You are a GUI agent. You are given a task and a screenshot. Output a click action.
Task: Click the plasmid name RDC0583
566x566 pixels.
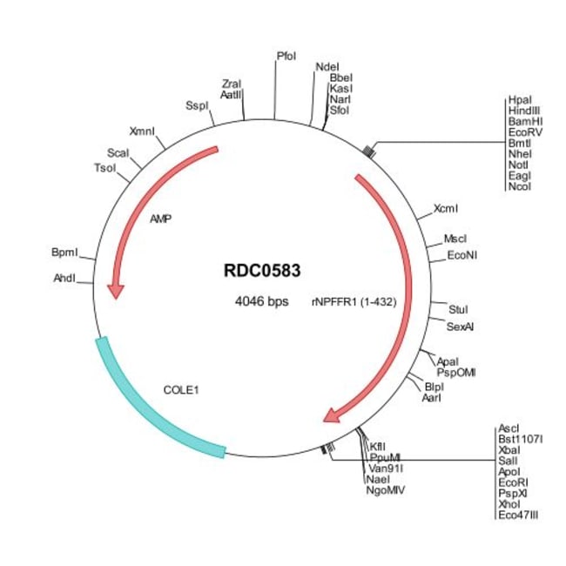pos(262,270)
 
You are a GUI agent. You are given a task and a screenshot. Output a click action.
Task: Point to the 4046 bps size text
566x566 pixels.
pos(261,301)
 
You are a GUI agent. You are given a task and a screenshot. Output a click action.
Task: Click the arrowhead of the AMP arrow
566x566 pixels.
pos(115,289)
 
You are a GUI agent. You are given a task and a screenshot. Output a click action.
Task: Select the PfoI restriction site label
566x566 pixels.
pos(286,57)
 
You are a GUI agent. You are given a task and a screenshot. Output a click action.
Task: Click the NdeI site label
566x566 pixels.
pos(327,67)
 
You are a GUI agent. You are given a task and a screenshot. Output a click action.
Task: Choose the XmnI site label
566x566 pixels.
pos(142,131)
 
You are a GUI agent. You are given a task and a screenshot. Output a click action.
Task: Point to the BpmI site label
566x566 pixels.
pos(64,253)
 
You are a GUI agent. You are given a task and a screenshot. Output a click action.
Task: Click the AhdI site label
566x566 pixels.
pos(65,279)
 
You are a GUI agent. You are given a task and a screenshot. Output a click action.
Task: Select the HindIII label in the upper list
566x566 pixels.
pos(525,112)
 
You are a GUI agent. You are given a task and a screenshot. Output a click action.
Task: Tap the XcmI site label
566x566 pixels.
pos(446,209)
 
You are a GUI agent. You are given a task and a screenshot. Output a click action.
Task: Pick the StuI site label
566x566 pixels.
pos(458,309)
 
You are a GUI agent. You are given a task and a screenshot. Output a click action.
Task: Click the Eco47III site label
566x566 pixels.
pos(519,515)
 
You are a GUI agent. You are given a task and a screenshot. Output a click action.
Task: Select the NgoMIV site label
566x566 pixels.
pos(386,490)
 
